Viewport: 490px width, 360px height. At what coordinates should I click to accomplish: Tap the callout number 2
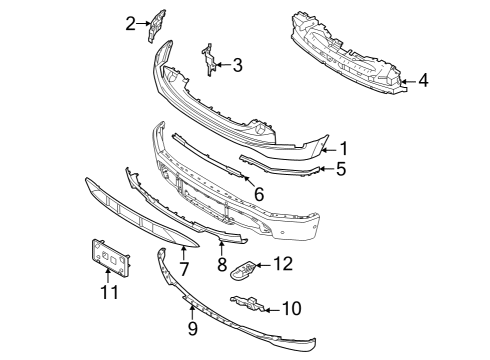[x=130, y=21]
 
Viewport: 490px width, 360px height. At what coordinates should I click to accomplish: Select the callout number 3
[x=237, y=66]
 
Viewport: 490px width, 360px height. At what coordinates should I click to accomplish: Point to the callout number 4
[x=424, y=80]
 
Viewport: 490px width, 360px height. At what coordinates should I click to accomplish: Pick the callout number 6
[x=258, y=193]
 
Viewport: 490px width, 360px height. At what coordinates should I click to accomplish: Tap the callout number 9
[x=192, y=327]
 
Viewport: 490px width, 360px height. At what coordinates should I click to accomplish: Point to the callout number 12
[x=283, y=265]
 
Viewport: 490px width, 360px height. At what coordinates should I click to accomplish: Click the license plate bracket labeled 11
[x=110, y=258]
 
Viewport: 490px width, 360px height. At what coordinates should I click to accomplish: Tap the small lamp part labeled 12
[x=243, y=269]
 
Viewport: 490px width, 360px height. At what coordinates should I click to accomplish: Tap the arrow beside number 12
[x=264, y=266]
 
